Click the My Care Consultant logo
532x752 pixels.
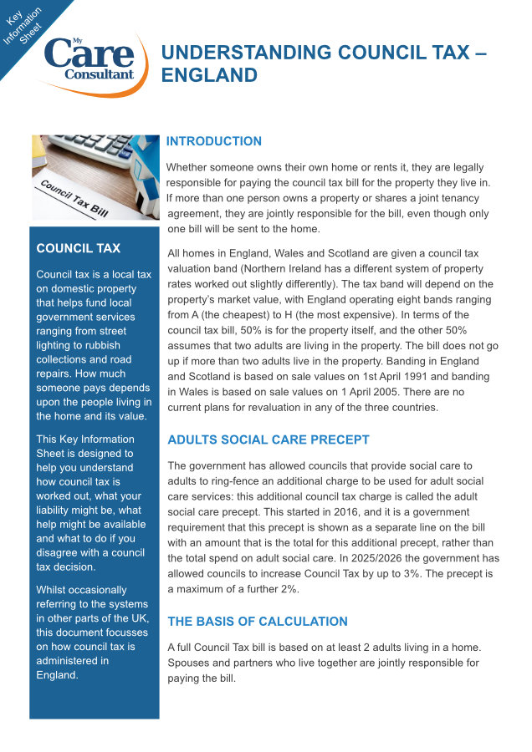[89, 63]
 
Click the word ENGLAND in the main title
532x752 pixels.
[209, 75]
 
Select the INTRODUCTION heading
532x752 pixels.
[214, 141]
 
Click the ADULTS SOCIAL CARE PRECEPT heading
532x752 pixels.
[269, 440]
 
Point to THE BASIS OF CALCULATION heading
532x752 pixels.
[258, 621]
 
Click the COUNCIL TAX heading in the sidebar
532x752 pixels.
[79, 248]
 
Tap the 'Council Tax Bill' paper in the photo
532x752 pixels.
[75, 196]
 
